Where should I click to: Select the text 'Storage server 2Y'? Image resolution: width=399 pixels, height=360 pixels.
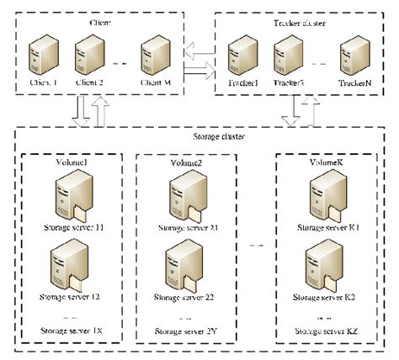pos(188,332)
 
